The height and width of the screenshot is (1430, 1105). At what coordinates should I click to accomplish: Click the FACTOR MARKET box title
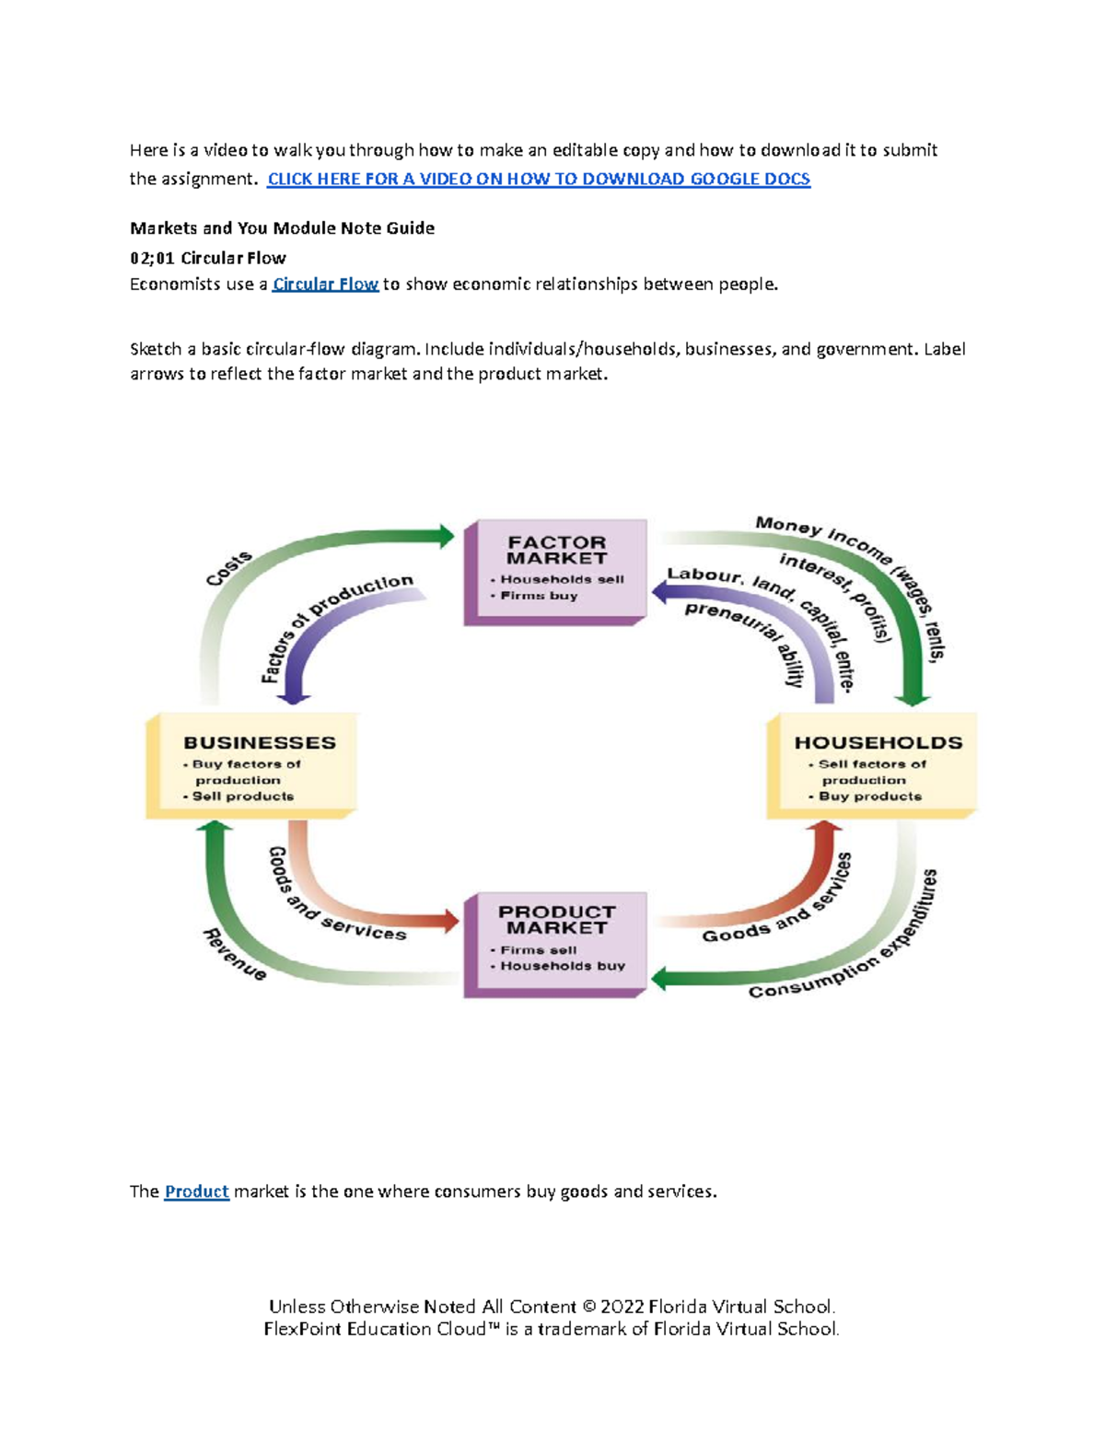click(x=556, y=550)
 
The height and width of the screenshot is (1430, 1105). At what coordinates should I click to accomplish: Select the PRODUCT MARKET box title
click(x=556, y=919)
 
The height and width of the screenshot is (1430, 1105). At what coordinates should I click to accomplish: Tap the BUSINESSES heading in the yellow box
click(x=260, y=742)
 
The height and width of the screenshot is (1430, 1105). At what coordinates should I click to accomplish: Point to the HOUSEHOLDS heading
click(x=878, y=742)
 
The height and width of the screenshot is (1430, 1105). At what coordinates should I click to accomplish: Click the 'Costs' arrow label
click(x=228, y=568)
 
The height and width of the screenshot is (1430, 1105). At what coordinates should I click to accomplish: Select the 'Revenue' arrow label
click(x=235, y=954)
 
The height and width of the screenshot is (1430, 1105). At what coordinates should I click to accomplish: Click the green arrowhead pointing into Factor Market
click(x=446, y=535)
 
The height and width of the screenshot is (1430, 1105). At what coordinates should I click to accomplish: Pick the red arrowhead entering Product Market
click(x=449, y=919)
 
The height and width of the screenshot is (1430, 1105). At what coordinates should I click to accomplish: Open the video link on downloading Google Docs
click(x=539, y=179)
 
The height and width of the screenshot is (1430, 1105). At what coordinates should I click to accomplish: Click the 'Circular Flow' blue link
click(x=325, y=284)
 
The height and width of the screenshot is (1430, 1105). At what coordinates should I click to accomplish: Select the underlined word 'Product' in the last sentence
click(x=196, y=1191)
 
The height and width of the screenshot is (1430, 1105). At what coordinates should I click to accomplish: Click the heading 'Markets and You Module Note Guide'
click(x=282, y=227)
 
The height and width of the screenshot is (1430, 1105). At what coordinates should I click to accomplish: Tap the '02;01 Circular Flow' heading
click(x=208, y=258)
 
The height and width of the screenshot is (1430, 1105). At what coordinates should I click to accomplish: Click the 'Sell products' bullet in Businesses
click(x=242, y=796)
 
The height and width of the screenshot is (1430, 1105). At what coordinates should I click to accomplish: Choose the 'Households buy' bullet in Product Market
click(x=562, y=966)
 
